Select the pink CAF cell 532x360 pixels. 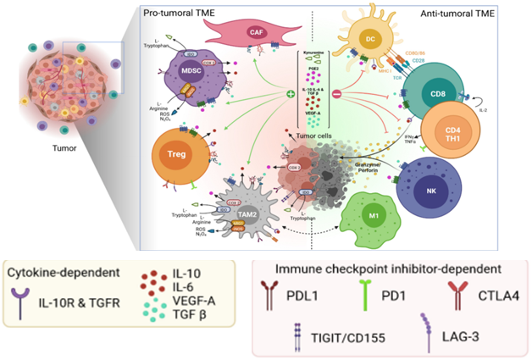pyautogui.click(x=254, y=33)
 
